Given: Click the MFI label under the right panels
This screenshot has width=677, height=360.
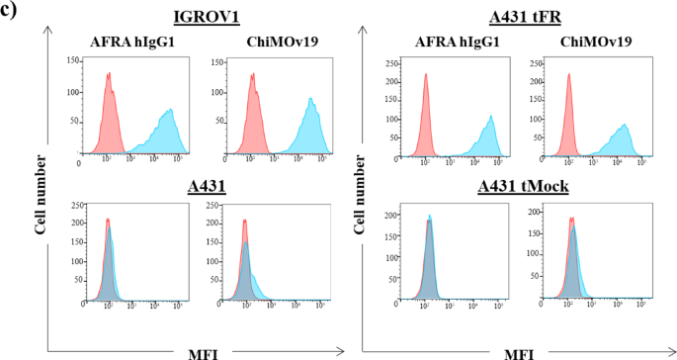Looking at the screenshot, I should (x=520, y=351).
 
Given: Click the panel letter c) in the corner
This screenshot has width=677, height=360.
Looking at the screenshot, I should (x=12, y=12).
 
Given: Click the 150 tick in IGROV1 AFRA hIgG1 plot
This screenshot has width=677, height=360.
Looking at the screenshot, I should (x=72, y=61).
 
